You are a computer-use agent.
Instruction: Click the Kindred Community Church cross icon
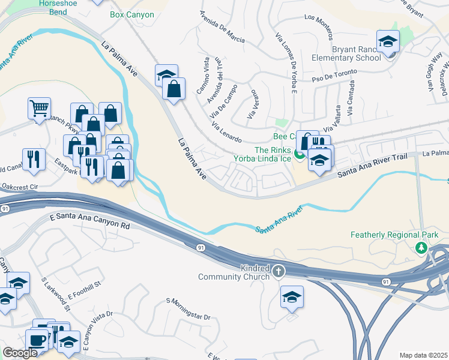click(278, 272)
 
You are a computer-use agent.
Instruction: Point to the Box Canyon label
click(132, 14)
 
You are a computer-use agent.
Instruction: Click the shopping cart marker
click(39, 109)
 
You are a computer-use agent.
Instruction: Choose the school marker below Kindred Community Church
click(292, 296)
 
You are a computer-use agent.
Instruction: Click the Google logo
click(20, 353)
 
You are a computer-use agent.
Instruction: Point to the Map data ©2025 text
click(423, 355)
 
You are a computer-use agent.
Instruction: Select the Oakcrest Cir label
click(19, 187)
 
